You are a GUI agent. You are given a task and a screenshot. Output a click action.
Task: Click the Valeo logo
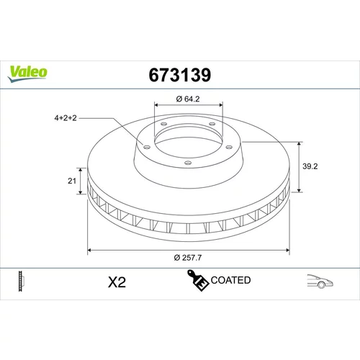27,74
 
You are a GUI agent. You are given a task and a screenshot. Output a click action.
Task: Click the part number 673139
180,75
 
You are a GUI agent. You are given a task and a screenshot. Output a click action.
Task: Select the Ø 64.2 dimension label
188,99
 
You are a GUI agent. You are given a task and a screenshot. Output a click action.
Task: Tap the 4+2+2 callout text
66,118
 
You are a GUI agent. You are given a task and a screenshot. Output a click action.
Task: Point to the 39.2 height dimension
310,166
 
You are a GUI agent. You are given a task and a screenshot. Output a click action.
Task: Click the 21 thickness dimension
72,181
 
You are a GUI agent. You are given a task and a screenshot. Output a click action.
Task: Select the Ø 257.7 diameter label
188,258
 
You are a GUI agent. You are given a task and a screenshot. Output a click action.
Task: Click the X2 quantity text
117,282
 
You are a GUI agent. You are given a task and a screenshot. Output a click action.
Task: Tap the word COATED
230,280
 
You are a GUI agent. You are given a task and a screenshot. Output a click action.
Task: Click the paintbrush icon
197,280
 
